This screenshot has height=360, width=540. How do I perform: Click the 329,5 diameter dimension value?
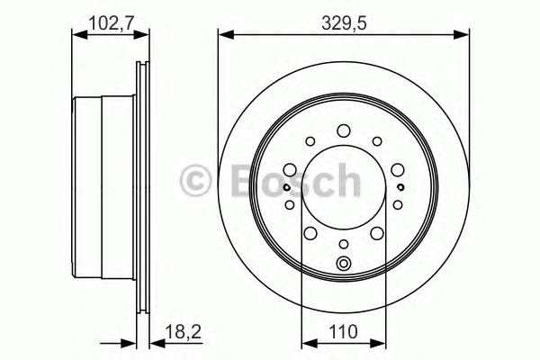pos(343,20)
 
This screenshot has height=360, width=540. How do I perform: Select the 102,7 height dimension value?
pos(108,20)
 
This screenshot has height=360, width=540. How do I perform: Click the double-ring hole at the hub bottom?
pos(343,264)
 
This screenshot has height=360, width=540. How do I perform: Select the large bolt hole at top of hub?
pos(343,132)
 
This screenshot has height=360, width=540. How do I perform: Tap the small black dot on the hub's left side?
pos(286,187)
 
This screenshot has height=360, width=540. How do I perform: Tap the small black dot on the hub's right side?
pos(400,187)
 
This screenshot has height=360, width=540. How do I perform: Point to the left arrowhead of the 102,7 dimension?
pos(76,35)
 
